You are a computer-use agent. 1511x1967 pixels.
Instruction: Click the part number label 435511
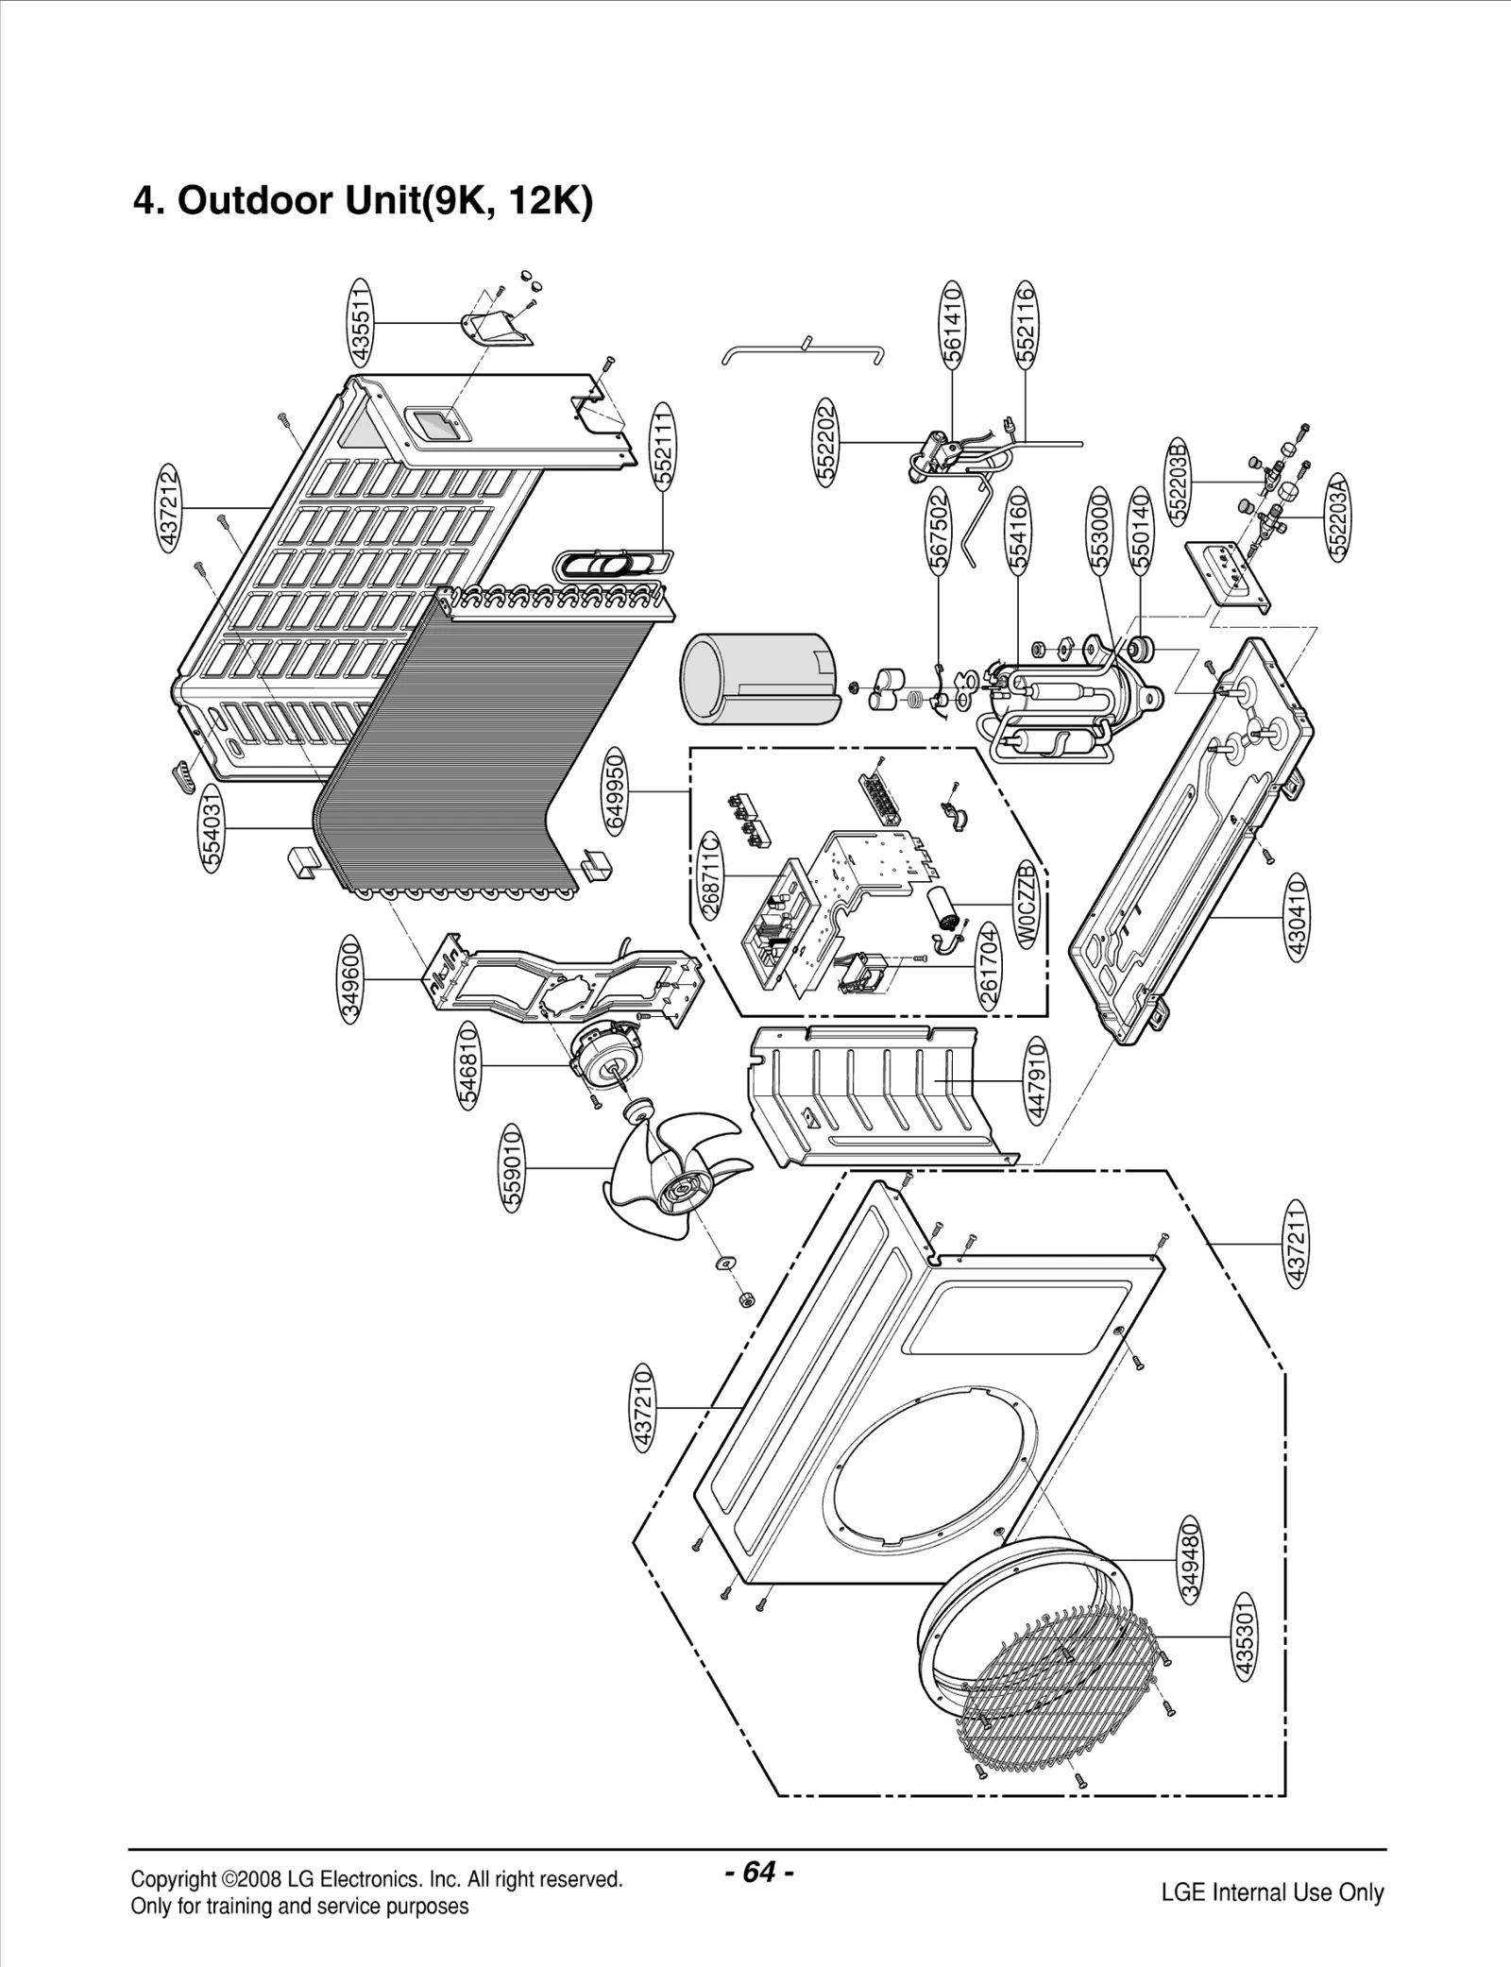(361, 322)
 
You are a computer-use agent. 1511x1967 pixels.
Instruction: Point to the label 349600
(350, 979)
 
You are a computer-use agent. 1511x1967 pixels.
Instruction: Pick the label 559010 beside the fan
(511, 1168)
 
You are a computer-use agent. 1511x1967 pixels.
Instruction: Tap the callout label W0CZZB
(1028, 904)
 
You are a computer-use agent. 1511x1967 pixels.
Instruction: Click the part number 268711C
(711, 873)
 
